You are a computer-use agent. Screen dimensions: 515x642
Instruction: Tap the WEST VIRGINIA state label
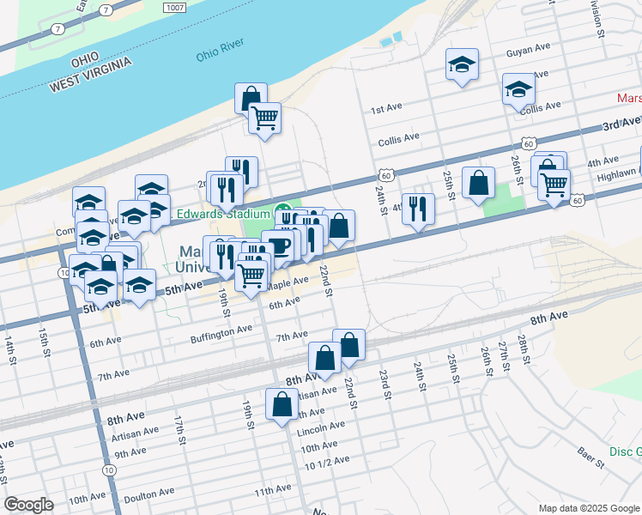point(90,75)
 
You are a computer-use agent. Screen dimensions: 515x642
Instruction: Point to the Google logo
point(28,505)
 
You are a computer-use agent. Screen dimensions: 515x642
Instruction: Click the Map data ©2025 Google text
point(589,508)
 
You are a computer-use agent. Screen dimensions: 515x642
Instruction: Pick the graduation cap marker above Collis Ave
point(518,89)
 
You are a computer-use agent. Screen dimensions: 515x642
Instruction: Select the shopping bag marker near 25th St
point(478,182)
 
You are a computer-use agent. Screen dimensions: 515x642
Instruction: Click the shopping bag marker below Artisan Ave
point(282,403)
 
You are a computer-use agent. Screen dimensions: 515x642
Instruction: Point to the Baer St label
point(591,451)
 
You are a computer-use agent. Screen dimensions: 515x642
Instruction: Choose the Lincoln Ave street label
point(323,427)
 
